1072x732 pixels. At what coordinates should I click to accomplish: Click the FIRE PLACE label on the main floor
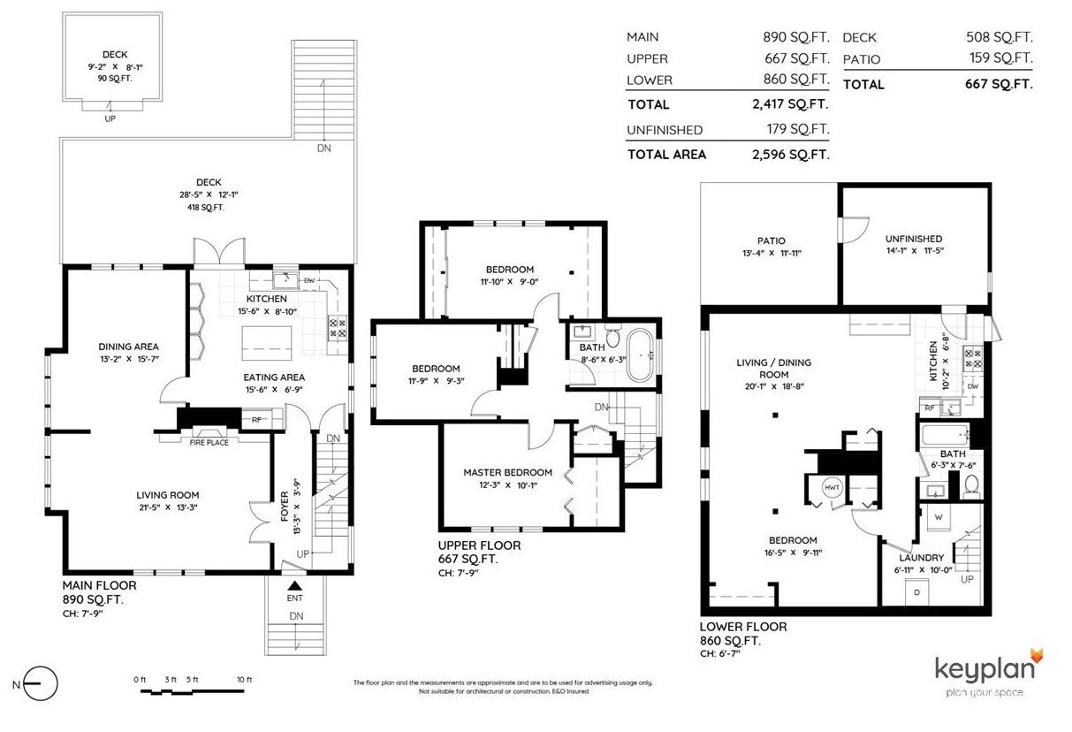209,443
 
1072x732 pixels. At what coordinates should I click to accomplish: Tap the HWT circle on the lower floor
833,487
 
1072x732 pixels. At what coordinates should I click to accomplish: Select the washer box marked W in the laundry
939,517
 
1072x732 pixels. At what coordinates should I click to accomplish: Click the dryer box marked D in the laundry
917,592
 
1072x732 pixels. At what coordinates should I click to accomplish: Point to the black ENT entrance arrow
295,585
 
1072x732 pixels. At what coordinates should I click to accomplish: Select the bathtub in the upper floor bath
639,355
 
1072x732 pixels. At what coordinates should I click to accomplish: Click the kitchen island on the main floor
267,343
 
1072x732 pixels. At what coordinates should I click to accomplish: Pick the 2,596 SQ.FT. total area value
791,155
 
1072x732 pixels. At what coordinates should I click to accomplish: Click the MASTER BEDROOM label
508,472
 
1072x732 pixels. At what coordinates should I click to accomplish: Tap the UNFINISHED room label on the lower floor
914,239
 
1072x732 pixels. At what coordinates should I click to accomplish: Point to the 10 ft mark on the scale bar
244,679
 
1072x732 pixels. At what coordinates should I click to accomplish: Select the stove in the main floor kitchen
338,328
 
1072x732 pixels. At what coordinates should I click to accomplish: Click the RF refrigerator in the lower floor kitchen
930,408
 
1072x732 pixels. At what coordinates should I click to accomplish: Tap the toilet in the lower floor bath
971,486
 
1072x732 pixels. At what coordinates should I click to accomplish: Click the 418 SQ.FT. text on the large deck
206,207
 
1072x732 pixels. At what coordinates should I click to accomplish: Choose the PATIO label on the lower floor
771,240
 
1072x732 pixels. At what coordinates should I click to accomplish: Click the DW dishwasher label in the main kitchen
309,280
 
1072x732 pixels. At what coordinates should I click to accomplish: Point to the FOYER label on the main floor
285,506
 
